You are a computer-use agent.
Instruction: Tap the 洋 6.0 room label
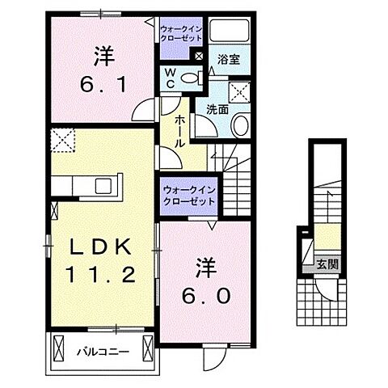pos(213,280)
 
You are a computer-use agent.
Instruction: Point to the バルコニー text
pos(103,352)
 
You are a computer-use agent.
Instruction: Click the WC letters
pos(171,78)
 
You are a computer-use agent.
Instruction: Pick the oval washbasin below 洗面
pos(240,124)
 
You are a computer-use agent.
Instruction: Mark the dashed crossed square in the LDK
pos(61,139)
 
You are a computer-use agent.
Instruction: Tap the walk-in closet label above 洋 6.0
pos(189,195)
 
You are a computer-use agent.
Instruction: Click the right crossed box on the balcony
pos(148,348)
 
